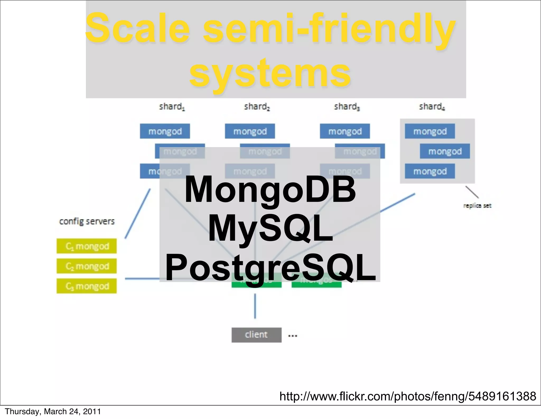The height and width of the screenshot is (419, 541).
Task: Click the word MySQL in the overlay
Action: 270,229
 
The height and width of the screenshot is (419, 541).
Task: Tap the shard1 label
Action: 172,107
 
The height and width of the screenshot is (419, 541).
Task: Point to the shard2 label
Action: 257,107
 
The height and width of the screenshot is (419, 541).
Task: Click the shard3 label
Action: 347,107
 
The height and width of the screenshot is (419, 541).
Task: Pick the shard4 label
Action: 432,107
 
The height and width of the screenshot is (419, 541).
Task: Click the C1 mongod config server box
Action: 87,246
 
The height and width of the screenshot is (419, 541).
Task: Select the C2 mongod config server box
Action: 87,266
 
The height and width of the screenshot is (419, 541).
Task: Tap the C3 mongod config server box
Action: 87,286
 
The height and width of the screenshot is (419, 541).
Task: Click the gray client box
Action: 256,335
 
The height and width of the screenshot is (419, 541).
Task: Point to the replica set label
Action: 477,206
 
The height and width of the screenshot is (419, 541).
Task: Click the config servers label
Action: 87,221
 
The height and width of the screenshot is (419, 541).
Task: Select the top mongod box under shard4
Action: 430,131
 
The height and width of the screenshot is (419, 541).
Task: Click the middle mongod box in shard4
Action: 445,151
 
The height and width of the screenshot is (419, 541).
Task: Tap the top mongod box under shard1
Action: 165,131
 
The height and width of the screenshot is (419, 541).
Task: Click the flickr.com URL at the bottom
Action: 408,396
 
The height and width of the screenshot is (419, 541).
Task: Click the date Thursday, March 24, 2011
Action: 53,412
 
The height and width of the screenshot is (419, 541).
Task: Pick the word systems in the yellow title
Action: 270,73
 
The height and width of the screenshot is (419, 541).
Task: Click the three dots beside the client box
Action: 292,336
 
